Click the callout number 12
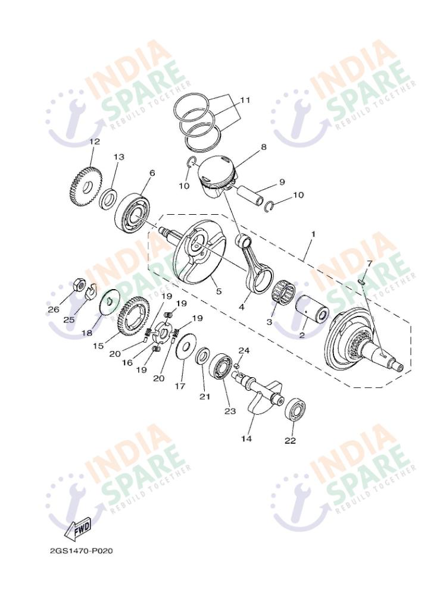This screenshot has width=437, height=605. coord(95,142)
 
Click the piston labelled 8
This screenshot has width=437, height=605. coord(216,173)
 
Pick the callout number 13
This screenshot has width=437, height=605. coord(119,157)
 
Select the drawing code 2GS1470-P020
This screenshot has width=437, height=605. coord(82,550)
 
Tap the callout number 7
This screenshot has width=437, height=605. coord(369,263)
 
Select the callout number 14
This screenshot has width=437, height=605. coord(246,439)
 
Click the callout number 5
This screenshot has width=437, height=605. coord(218,291)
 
